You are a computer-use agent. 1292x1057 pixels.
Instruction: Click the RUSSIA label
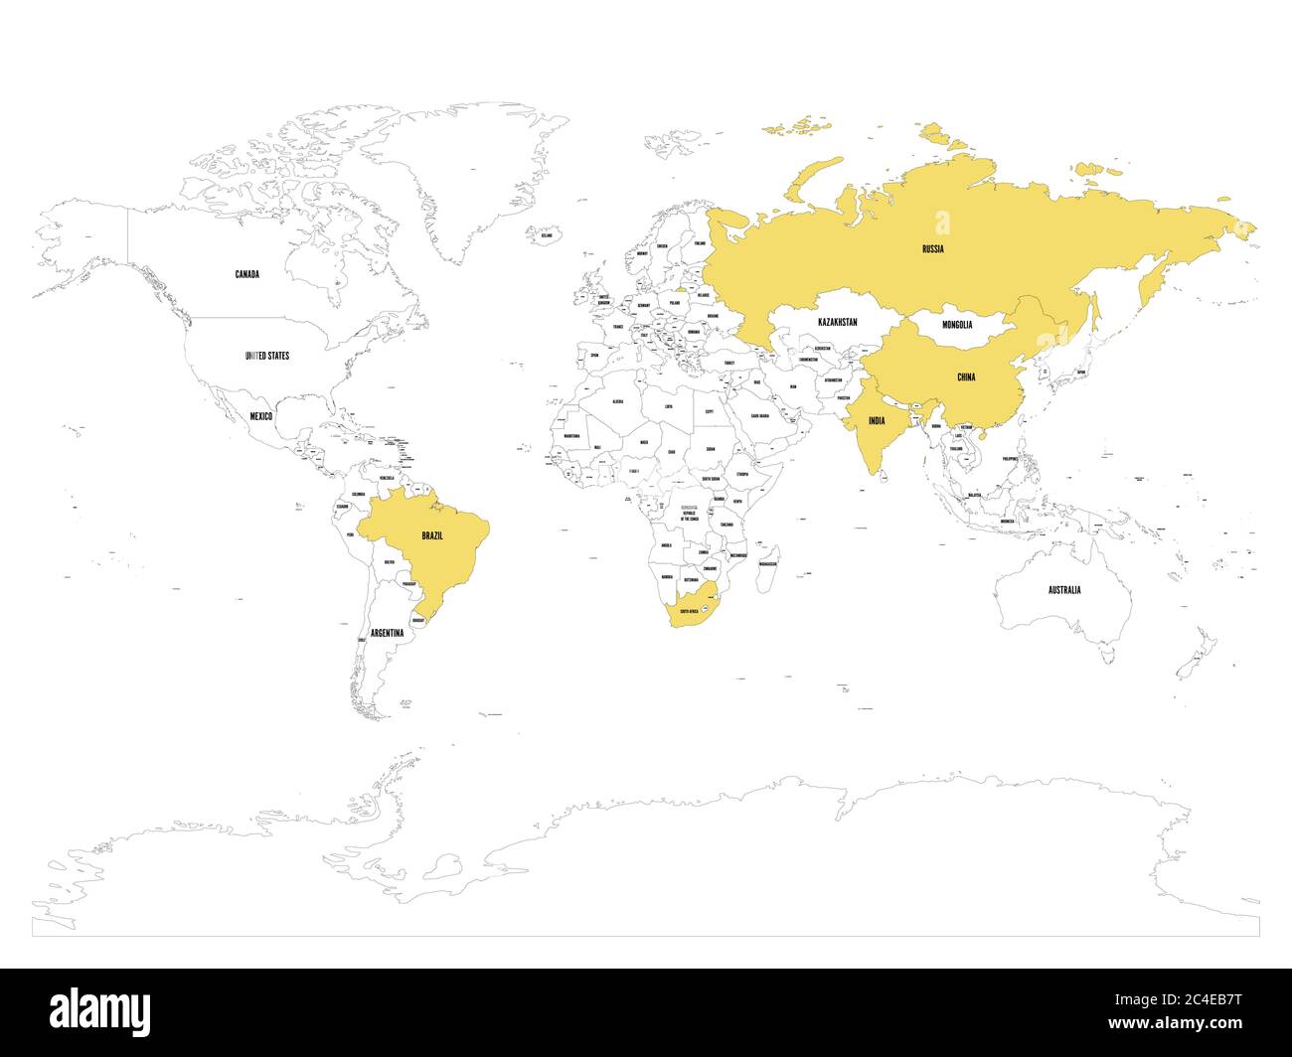[x=932, y=248]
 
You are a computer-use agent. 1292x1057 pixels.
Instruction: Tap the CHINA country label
[x=965, y=377]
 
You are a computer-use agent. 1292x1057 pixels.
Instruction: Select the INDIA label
[x=876, y=421]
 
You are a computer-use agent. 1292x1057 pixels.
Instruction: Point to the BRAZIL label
[x=432, y=536]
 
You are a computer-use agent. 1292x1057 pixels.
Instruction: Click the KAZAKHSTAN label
[x=837, y=323]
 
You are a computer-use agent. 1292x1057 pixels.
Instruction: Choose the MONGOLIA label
[x=957, y=325]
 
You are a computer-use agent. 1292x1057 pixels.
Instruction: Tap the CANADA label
[x=246, y=274]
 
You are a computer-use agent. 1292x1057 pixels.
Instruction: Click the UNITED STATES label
[x=266, y=355]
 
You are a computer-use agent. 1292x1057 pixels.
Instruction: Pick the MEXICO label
[x=260, y=416]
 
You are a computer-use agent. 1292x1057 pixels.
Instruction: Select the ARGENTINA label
[x=387, y=633]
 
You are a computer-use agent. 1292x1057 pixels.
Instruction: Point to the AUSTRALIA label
[x=1064, y=590]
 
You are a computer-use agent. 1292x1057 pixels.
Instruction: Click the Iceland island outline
[x=545, y=236]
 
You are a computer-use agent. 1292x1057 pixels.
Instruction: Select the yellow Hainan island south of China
[x=983, y=434]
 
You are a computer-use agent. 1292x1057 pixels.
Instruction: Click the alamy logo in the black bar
[x=100, y=1012]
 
